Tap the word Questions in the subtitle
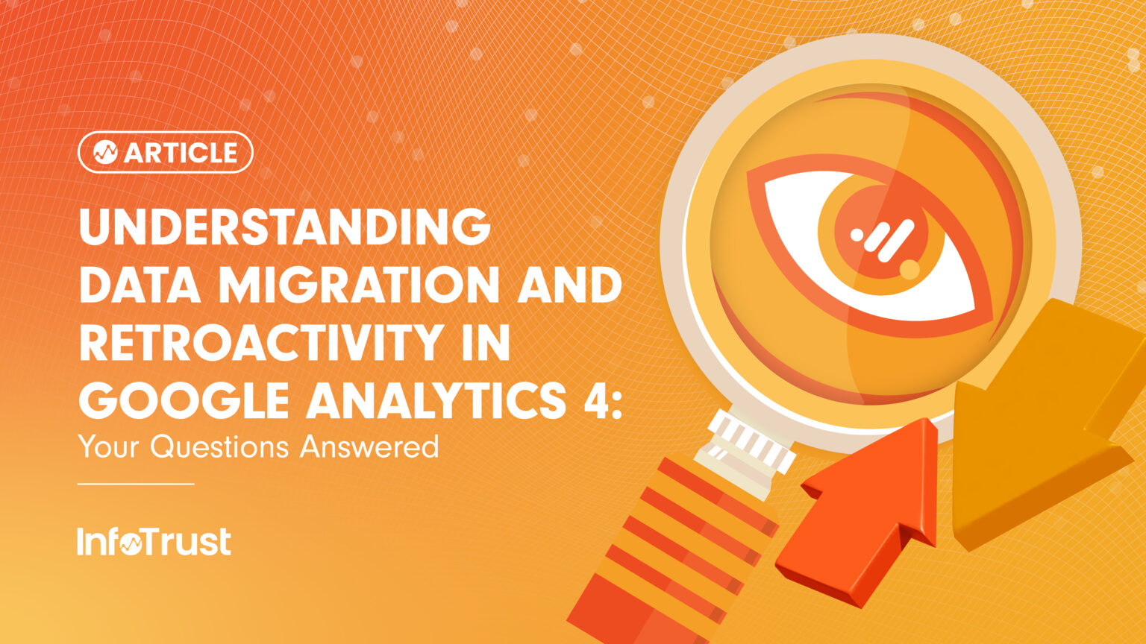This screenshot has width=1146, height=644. coord(219,446)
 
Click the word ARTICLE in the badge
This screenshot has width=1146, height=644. coord(181,153)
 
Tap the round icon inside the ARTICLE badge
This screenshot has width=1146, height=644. coord(105,153)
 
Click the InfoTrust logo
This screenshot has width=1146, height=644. coord(154,542)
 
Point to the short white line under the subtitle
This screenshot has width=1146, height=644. coord(136,484)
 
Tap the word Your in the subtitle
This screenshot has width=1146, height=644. coord(110,446)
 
